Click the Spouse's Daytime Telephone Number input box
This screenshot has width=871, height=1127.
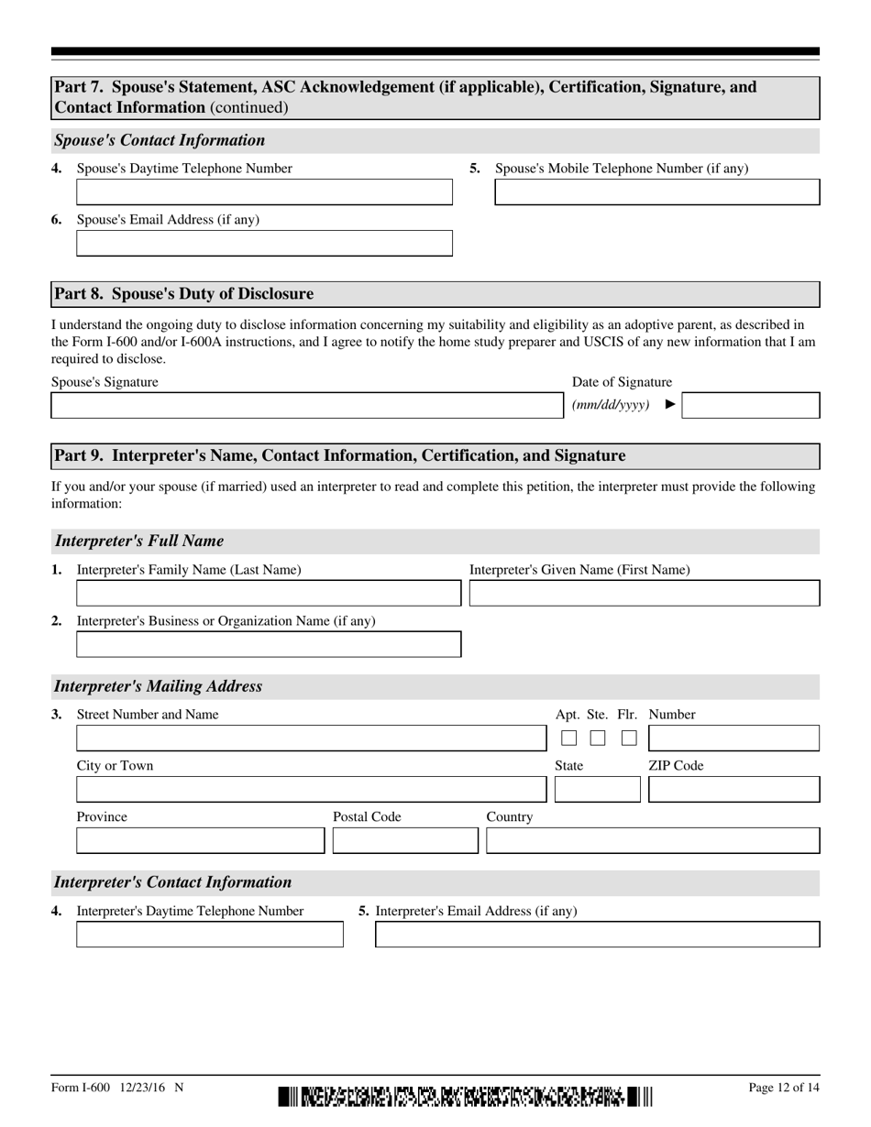[264, 192]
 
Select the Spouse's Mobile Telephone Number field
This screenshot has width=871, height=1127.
[656, 192]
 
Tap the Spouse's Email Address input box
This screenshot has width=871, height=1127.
[264, 244]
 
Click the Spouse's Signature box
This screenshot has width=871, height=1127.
[304, 406]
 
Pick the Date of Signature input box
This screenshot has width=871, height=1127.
[751, 406]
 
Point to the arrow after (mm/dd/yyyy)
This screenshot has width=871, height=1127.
[670, 404]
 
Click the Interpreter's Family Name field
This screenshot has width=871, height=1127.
[268, 594]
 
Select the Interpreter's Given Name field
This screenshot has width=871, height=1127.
[644, 594]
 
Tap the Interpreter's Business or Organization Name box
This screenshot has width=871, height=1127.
[268, 645]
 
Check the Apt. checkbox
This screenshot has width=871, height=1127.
[568, 738]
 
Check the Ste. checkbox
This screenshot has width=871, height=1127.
[598, 738]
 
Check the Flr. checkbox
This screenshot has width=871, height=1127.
[629, 738]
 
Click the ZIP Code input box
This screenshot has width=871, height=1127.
[733, 790]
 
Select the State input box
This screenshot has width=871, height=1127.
[598, 790]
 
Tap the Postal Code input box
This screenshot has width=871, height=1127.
[405, 841]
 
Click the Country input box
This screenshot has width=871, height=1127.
[653, 841]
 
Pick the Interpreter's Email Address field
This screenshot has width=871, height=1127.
[598, 935]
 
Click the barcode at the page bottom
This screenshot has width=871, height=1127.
[465, 1096]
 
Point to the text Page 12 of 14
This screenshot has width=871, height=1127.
[784, 1088]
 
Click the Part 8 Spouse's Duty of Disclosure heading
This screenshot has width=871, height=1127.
[183, 294]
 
